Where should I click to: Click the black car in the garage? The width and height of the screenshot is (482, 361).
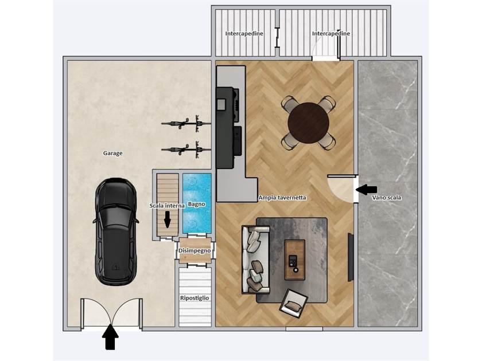click(x=116, y=231)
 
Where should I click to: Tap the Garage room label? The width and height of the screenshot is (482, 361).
click(x=113, y=153)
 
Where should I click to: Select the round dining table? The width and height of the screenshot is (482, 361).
click(x=308, y=123)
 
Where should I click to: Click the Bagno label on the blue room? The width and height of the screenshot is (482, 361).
click(x=197, y=204)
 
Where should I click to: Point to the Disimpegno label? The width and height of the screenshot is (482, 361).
click(x=195, y=251)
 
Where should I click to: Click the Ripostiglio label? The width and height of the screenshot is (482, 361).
click(x=195, y=298)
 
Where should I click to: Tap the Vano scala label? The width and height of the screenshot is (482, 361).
click(x=387, y=198)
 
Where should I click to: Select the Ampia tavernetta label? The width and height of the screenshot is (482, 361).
click(x=282, y=198)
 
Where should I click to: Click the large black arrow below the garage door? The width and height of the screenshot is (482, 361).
click(x=110, y=337)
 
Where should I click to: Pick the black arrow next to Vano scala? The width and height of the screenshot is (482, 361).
click(x=366, y=190)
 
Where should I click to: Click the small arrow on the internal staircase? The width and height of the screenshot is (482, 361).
click(x=167, y=219)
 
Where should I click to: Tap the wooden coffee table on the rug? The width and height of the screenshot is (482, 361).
click(x=295, y=260)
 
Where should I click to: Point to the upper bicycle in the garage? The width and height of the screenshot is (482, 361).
click(x=186, y=123)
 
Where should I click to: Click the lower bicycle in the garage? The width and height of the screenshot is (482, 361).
click(x=186, y=150)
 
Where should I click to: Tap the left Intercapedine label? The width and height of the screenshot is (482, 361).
click(x=244, y=33)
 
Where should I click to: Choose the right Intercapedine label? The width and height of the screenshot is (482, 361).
click(x=331, y=33)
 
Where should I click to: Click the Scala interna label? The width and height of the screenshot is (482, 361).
click(x=167, y=206)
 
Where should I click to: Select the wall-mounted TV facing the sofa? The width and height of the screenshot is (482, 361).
click(x=351, y=257)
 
